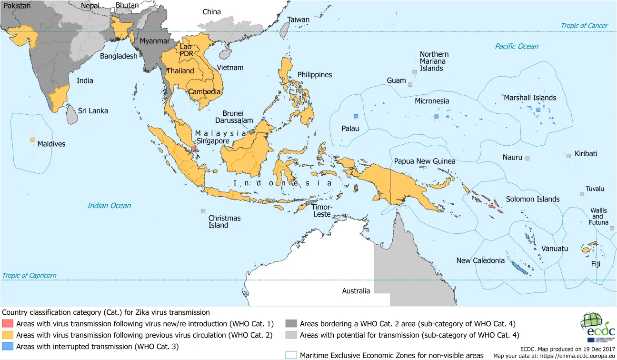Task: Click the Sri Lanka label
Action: point(93,110)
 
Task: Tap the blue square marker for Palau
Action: point(356,116)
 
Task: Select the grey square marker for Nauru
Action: point(527,158)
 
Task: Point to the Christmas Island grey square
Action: point(203,211)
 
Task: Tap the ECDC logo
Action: point(597,329)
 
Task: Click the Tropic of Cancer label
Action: point(584,26)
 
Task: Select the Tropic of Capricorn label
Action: point(29,275)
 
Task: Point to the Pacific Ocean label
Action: point(517,46)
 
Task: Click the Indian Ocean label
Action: point(109,205)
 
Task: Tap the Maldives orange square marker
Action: point(32,140)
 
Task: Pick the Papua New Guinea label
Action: point(424,161)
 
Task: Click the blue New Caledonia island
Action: point(518,268)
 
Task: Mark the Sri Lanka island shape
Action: point(71,115)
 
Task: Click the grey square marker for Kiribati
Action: point(568,155)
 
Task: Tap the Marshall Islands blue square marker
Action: point(538,110)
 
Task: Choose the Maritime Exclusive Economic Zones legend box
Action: point(290,355)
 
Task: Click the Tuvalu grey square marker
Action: point(581,194)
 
